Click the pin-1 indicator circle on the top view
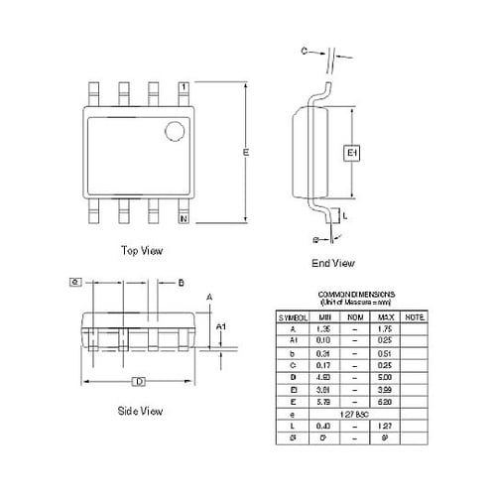(175, 131)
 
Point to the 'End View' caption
(332, 263)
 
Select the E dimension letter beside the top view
(244, 152)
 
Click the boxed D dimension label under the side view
(139, 381)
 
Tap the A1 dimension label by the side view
(222, 326)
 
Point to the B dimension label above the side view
(181, 283)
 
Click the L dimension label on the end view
(344, 214)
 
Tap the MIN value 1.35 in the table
(322, 327)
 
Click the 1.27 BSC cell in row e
(352, 412)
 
